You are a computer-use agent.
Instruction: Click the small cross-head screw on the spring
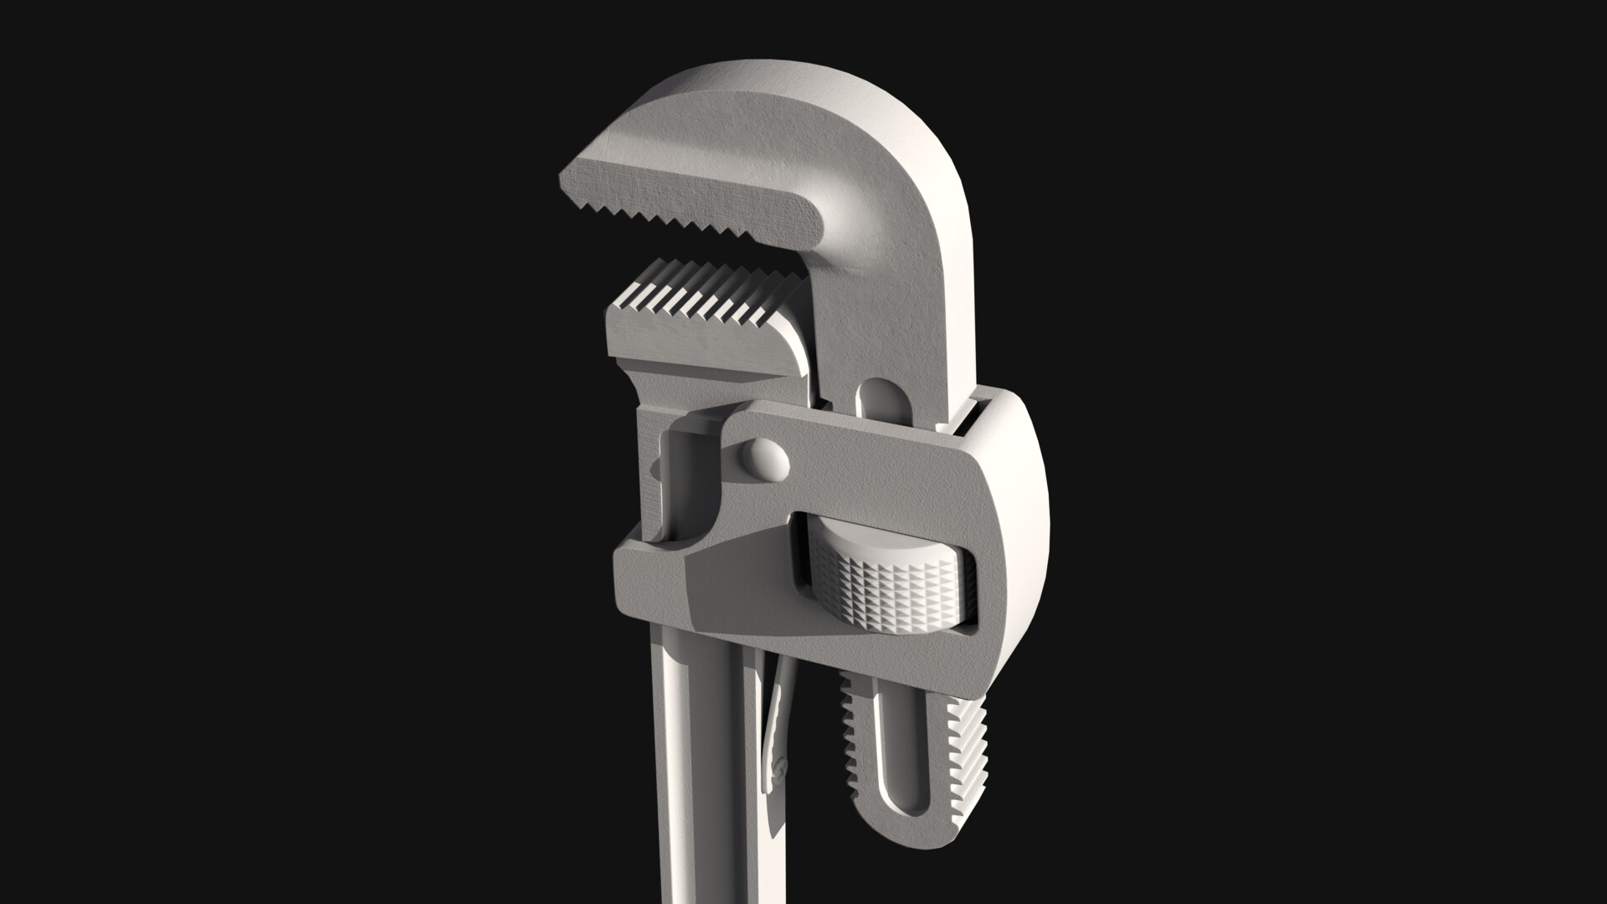782,764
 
